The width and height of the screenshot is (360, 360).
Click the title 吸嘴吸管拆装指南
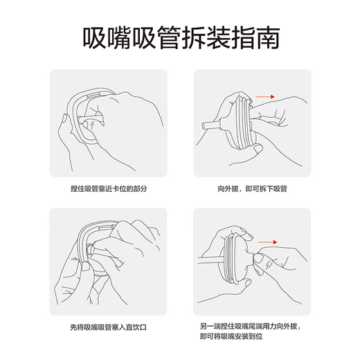181,37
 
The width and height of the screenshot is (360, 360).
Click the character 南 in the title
268,37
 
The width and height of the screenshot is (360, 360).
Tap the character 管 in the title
169,37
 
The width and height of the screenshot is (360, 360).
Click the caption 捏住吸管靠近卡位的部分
109,189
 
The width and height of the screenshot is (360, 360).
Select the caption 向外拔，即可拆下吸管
252,189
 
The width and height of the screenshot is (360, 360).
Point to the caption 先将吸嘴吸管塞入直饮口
108,327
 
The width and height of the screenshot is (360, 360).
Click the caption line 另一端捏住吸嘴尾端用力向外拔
251,327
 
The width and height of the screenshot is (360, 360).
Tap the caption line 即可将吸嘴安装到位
231,336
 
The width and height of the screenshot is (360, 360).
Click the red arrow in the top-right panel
265,97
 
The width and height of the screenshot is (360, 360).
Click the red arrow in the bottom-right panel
268,242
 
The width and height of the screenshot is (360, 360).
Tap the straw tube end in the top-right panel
204,126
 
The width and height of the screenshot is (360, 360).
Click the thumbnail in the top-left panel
64,118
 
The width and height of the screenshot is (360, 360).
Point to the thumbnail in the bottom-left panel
86,266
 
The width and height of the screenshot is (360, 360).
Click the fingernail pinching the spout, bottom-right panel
258,258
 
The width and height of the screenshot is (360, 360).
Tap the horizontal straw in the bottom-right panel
210,260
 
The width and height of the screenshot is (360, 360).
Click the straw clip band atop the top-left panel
94,95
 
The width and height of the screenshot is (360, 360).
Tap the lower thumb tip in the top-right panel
258,149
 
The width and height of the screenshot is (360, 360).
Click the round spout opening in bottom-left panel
89,249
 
